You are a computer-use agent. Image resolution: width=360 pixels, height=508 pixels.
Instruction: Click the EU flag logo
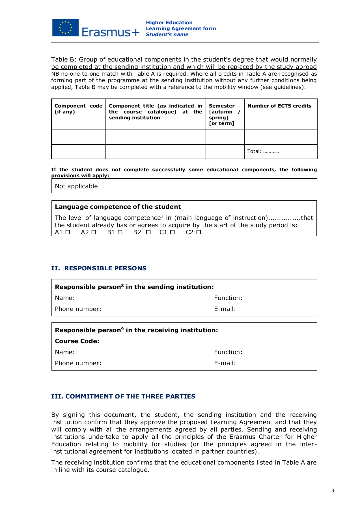pyautogui.click(x=65, y=28)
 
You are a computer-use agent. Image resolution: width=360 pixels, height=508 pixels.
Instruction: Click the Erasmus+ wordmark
pyautogui.click(x=111, y=32)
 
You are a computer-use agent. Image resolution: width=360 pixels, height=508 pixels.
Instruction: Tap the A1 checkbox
pyautogui.click(x=68, y=232)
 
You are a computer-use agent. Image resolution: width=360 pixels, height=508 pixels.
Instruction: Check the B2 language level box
pyautogui.click(x=148, y=232)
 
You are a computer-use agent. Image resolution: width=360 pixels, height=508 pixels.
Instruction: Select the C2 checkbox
pyautogui.click(x=199, y=232)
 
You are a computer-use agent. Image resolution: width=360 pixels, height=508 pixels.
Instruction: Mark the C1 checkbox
pyautogui.click(x=173, y=232)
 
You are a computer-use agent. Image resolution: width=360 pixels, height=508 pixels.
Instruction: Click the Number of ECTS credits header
pyautogui.click(x=279, y=106)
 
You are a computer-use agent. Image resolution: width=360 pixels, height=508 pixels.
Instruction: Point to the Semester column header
pyautogui.click(x=222, y=106)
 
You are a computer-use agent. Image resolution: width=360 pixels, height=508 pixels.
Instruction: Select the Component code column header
pyautogui.click(x=78, y=109)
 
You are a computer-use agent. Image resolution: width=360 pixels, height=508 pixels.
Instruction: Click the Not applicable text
pyautogui.click(x=76, y=186)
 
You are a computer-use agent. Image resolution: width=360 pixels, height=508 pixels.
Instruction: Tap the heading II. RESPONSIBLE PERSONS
pyautogui.click(x=99, y=268)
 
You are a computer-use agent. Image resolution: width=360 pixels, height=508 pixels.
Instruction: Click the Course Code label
pyautogui.click(x=77, y=341)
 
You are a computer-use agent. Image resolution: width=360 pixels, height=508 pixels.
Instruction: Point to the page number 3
pyautogui.click(x=333, y=491)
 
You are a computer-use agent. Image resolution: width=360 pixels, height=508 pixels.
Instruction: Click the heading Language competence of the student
pyautogui.click(x=118, y=207)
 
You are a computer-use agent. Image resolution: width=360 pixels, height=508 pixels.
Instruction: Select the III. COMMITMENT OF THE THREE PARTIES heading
pyautogui.click(x=123, y=396)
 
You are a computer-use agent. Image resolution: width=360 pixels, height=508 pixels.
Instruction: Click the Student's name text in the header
pyautogui.click(x=167, y=34)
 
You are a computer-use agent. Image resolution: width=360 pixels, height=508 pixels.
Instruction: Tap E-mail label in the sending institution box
pyautogui.click(x=225, y=309)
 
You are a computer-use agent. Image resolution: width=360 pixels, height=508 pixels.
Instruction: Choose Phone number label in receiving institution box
pyautogui.click(x=78, y=363)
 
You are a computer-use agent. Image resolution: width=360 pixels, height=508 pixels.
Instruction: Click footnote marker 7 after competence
pyautogui.click(x=162, y=216)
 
